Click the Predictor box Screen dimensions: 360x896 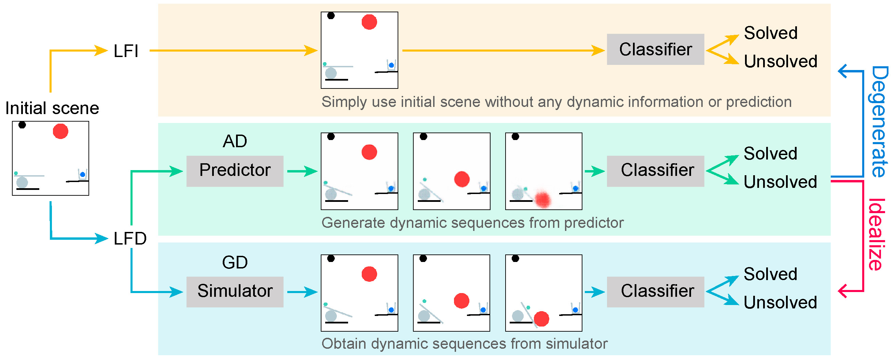[x=235, y=171]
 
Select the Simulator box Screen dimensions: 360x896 [x=235, y=291]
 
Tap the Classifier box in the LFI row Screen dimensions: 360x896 [x=655, y=50]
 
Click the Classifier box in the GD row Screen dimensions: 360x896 [x=655, y=291]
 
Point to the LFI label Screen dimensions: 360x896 [x=126, y=51]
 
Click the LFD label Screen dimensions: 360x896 [x=130, y=239]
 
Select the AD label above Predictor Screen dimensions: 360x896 [x=235, y=141]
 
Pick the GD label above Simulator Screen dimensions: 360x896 [x=235, y=262]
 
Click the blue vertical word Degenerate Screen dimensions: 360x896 [x=879, y=122]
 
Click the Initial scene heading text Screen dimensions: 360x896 [x=52, y=108]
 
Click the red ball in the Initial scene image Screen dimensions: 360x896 [x=60, y=131]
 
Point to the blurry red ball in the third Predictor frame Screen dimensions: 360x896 [x=542, y=200]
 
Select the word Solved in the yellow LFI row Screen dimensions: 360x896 [x=770, y=33]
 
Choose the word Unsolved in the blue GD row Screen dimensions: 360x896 [x=780, y=303]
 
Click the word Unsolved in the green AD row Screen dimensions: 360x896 [x=780, y=182]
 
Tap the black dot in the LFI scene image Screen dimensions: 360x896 [x=331, y=16]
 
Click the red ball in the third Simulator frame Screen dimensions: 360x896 [x=541, y=319]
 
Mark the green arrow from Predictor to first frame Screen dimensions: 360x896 [x=302, y=171]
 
